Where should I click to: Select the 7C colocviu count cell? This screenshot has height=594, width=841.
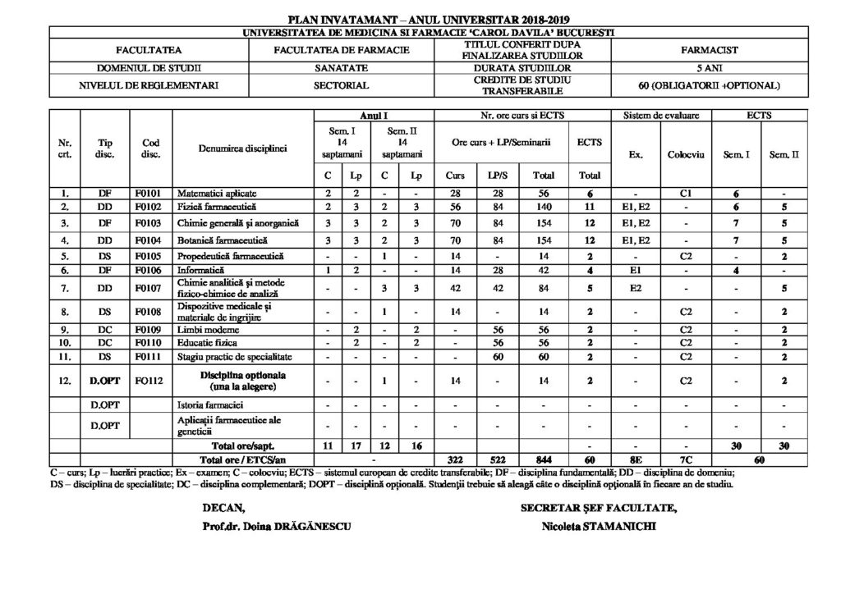(x=682, y=459)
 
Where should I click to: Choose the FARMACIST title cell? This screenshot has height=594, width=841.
(x=710, y=50)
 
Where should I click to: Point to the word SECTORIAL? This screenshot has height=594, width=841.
(x=341, y=85)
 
